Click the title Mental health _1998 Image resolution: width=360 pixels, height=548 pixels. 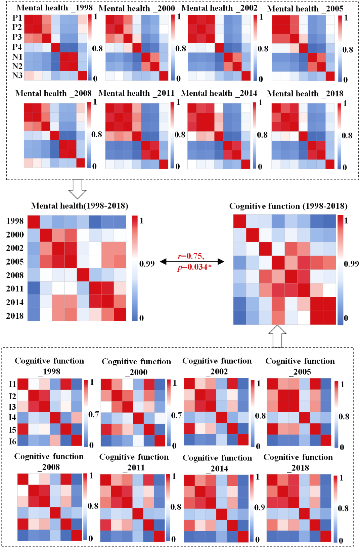click(54, 8)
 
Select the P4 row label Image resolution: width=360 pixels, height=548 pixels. click(17, 47)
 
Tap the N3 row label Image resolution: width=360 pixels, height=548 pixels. click(17, 76)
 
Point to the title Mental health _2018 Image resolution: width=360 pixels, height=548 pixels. click(305, 94)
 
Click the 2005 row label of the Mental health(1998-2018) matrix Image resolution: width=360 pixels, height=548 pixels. click(15, 262)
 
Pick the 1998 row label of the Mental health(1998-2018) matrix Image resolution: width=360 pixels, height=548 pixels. click(15, 221)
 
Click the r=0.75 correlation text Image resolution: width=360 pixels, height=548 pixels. click(191, 256)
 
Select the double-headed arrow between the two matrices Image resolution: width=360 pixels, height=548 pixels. click(192, 262)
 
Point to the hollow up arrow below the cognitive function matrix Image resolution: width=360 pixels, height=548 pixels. click(277, 336)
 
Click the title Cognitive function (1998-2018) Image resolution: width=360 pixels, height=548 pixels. click(288, 206)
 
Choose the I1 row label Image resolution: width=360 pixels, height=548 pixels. click(12, 384)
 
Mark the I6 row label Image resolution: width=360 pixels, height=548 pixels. click(12, 441)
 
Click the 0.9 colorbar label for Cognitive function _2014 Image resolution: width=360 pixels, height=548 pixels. click(259, 507)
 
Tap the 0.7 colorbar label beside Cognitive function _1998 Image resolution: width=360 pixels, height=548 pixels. click(93, 415)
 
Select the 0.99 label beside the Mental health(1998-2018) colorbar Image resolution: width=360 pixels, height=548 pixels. click(147, 264)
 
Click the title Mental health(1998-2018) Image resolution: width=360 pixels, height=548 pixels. click(80, 206)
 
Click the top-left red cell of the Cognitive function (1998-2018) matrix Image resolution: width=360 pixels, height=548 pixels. click(240, 221)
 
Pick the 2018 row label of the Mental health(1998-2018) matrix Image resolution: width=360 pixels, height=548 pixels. click(15, 316)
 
